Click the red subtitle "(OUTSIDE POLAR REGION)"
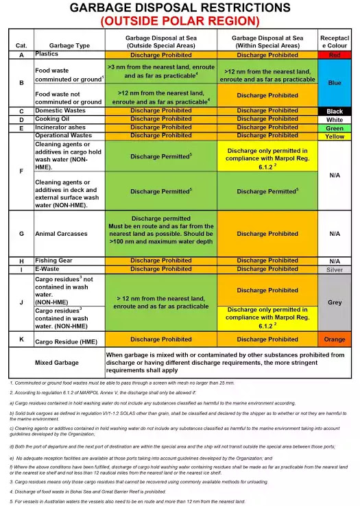tap(180, 21)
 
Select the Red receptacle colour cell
tap(335, 54)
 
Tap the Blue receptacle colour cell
tap(335, 82)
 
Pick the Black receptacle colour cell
tap(335, 111)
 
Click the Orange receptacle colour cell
tap(335, 339)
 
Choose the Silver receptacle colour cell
tap(335, 269)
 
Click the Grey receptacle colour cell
tap(335, 302)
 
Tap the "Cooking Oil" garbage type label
tap(53, 119)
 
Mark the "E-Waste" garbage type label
tap(49, 269)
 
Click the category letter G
tap(21, 234)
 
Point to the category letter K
tap(21, 339)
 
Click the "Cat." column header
tap(21, 45)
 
